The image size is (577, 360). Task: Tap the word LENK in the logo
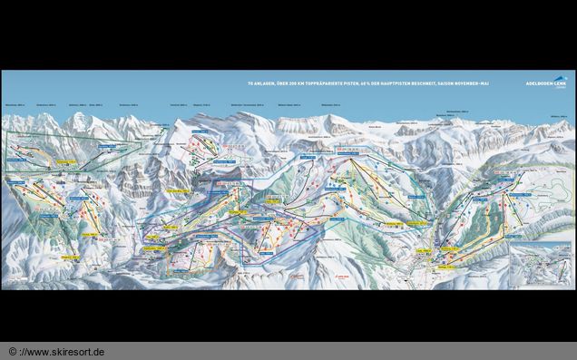pos(558,84)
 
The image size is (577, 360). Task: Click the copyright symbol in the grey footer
pos(13,351)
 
